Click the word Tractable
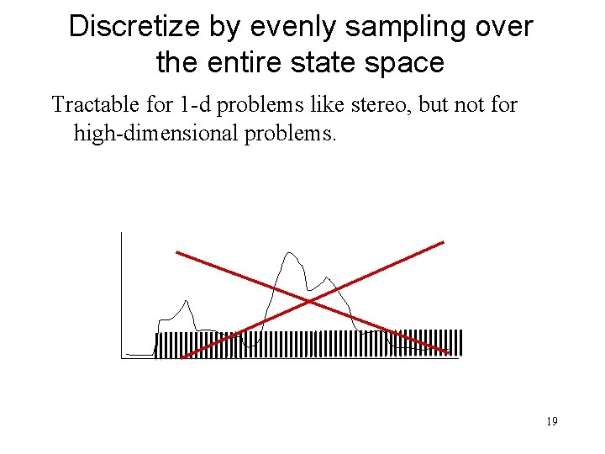89,105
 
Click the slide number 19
551,421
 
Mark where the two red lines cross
310,300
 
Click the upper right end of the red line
442,242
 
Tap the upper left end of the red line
176,251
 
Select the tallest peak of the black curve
290,252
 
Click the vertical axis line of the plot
122,294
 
